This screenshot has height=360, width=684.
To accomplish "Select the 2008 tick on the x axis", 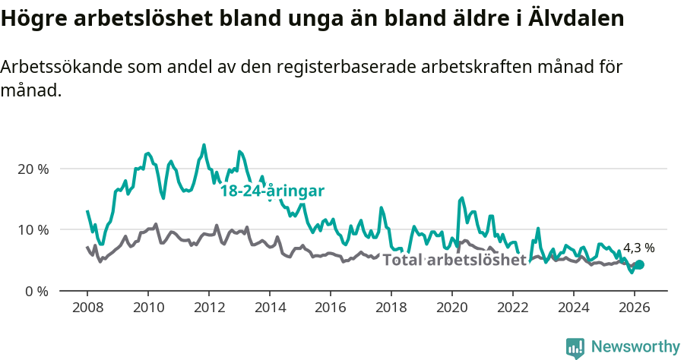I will (87, 308).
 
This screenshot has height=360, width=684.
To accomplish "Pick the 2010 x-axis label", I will (147, 308).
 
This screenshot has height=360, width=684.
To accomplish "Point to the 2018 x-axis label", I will (391, 308).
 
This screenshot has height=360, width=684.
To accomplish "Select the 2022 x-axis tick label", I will (512, 308).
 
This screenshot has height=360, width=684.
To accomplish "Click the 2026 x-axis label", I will (634, 308).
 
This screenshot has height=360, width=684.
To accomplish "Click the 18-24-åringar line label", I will (272, 191).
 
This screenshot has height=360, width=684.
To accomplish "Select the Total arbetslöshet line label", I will (454, 261).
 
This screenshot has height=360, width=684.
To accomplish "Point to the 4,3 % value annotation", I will (638, 248).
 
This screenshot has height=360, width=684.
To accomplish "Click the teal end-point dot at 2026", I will (639, 264).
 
